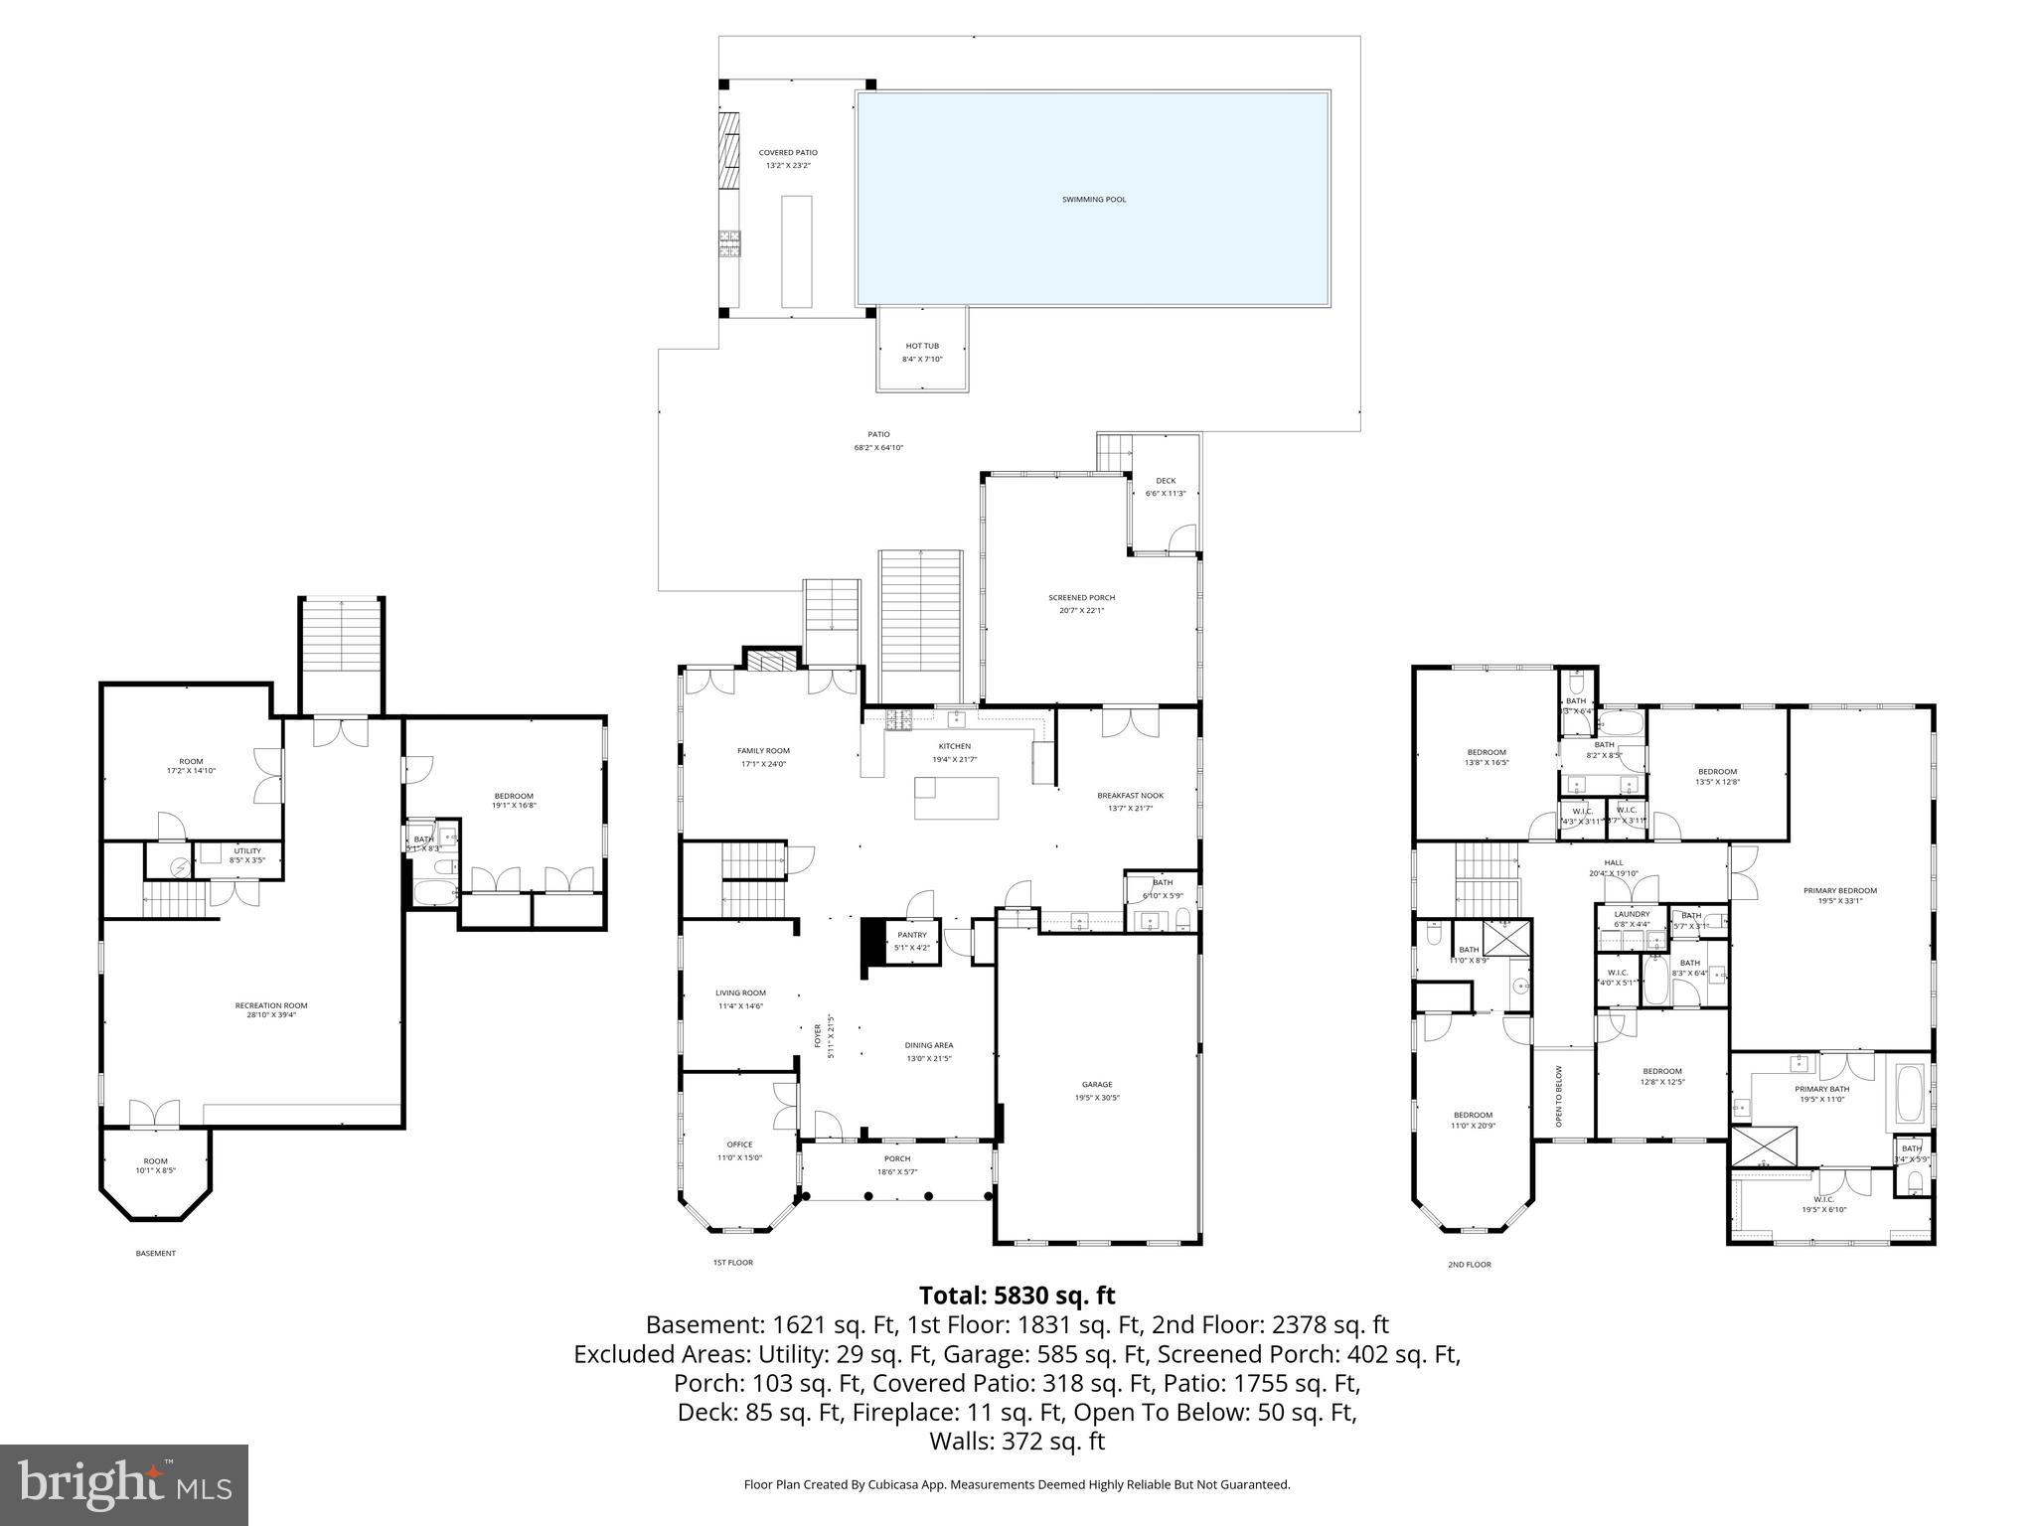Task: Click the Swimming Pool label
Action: coord(1093,200)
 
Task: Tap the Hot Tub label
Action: coord(922,346)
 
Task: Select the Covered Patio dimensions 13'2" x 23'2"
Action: coord(788,166)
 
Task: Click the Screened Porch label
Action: coord(1081,598)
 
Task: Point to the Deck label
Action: coord(1166,481)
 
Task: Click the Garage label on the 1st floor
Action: coord(1097,1085)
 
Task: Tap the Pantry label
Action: coord(911,935)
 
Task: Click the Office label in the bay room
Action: coord(739,1144)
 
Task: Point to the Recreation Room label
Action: coord(271,1005)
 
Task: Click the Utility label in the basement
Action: coord(247,850)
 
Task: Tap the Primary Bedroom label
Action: coord(1839,890)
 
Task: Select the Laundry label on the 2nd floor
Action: coord(1632,914)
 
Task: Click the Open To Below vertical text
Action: coord(1558,1096)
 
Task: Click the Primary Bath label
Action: coord(1820,1089)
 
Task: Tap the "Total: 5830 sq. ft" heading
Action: coord(1017,1296)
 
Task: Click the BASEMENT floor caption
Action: coord(155,1254)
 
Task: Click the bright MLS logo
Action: coord(124,1485)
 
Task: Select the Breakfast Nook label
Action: coord(1130,796)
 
